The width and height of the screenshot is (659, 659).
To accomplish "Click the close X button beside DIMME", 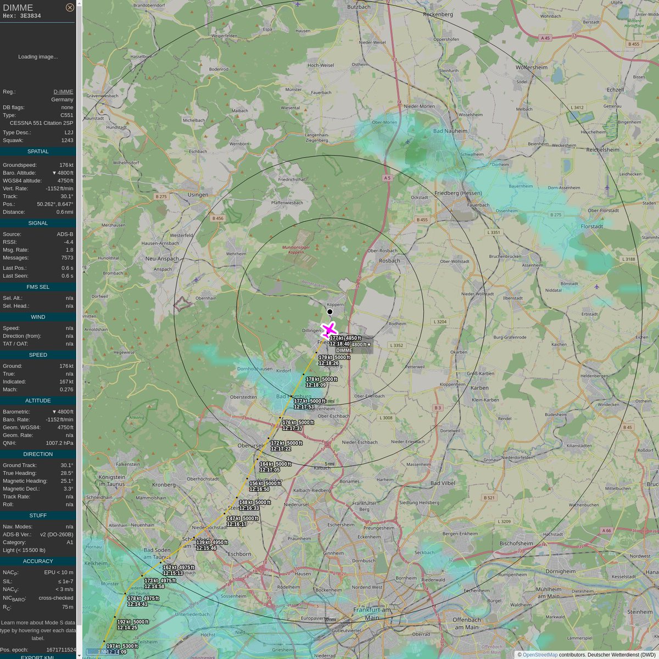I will pyautogui.click(x=70, y=8).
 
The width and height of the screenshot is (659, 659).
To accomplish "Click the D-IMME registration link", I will pyautogui.click(x=63, y=92).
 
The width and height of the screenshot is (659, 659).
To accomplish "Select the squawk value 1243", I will pyautogui.click(x=67, y=140).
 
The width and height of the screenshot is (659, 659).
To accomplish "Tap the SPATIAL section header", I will pyautogui.click(x=38, y=151).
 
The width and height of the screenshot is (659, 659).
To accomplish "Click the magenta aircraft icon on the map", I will pyautogui.click(x=328, y=330).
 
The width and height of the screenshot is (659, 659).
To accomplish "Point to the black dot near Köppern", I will pyautogui.click(x=329, y=311).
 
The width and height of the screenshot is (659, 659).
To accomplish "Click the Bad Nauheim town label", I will pyautogui.click(x=450, y=131).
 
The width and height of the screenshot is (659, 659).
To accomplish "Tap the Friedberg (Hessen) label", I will pyautogui.click(x=457, y=193).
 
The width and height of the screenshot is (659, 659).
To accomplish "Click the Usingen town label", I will pyautogui.click(x=198, y=194).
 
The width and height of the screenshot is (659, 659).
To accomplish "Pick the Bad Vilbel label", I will pyautogui.click(x=443, y=483).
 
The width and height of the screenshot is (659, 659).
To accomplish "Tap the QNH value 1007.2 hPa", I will pyautogui.click(x=59, y=443).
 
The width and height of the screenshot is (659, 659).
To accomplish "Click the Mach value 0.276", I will pyautogui.click(x=66, y=389).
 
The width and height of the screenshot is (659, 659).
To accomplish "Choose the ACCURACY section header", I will pyautogui.click(x=38, y=561).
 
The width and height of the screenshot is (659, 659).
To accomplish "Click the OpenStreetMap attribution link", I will pyautogui.click(x=540, y=655).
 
